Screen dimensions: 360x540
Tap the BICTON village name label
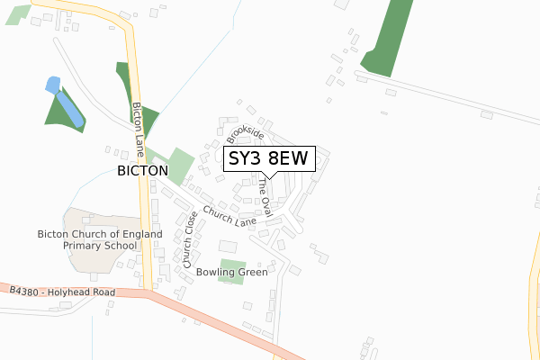142,170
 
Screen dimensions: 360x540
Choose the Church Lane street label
229,217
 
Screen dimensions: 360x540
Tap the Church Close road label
190,239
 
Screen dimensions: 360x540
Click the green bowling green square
231,271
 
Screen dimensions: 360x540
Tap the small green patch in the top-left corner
18,13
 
